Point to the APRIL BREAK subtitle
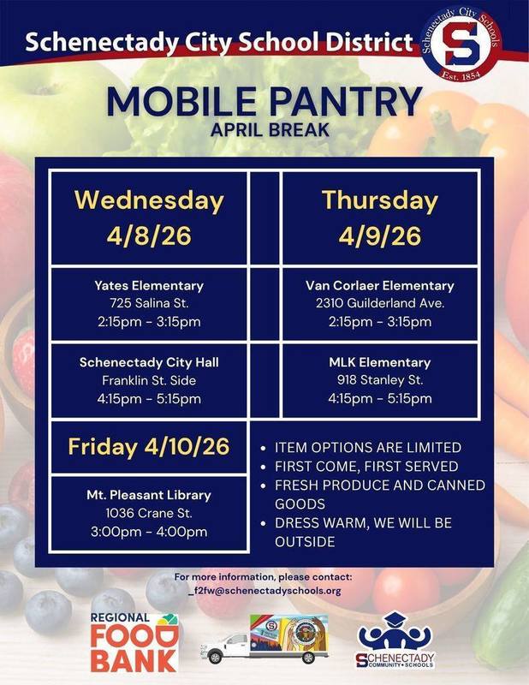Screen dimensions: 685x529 pyautogui.click(x=264, y=134)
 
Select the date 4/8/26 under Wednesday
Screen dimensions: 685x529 pyautogui.click(x=149, y=235)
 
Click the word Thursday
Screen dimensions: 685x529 pyautogui.click(x=380, y=200)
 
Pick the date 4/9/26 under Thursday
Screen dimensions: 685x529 pyautogui.click(x=380, y=235)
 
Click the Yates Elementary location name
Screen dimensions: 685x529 pyautogui.click(x=149, y=285)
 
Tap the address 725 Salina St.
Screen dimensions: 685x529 pyautogui.click(x=149, y=303)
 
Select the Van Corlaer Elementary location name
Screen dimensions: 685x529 pyautogui.click(x=380, y=285)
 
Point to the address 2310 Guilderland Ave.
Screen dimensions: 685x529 pyautogui.click(x=380, y=303)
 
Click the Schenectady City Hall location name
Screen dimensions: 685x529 pyautogui.click(x=149, y=362)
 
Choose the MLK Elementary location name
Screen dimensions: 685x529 pyautogui.click(x=380, y=362)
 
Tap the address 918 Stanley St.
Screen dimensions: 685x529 pyautogui.click(x=380, y=380)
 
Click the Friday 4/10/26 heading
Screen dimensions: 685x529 pyautogui.click(x=149, y=446)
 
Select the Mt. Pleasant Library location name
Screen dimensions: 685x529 pyautogui.click(x=149, y=495)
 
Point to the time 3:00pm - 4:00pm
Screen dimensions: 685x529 pyautogui.click(x=149, y=532)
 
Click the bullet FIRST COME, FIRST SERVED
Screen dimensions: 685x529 pyautogui.click(x=366, y=467)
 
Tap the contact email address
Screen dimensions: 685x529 pyautogui.click(x=264, y=591)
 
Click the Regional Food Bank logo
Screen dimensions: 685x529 pyautogui.click(x=135, y=642)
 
